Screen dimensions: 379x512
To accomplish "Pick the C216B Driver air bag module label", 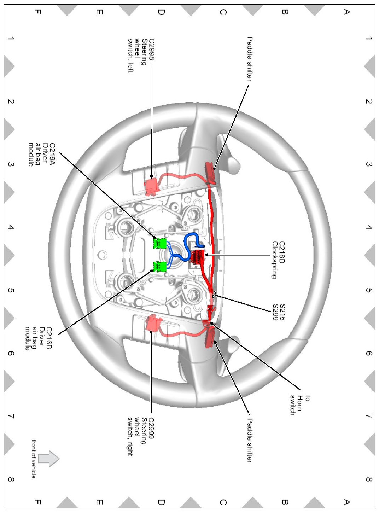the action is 39,338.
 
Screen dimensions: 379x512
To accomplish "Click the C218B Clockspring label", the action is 278,260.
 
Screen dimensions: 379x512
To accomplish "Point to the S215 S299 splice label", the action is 279,312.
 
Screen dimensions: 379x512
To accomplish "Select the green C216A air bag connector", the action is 160,243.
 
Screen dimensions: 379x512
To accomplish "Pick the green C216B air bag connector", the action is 160,266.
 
